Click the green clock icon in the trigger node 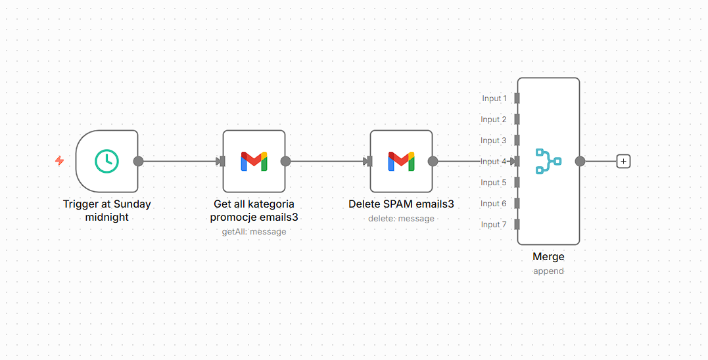pos(106,161)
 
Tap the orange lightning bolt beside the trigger pos(59,161)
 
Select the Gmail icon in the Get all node pos(254,161)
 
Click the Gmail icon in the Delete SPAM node pos(401,161)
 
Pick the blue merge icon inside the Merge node pos(548,161)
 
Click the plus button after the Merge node pos(623,161)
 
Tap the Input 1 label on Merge pos(494,99)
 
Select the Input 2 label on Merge pos(494,120)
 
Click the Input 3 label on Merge pos(494,141)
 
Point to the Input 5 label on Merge pos(494,183)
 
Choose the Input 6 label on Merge pos(494,204)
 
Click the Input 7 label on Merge pos(494,225)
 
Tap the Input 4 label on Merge pos(494,162)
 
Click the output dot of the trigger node pos(138,161)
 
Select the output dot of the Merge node pos(580,161)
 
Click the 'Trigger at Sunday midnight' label pos(106,210)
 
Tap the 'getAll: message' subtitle pos(254,231)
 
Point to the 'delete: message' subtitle pos(401,218)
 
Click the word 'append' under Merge pos(548,271)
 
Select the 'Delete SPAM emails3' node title pos(401,204)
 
